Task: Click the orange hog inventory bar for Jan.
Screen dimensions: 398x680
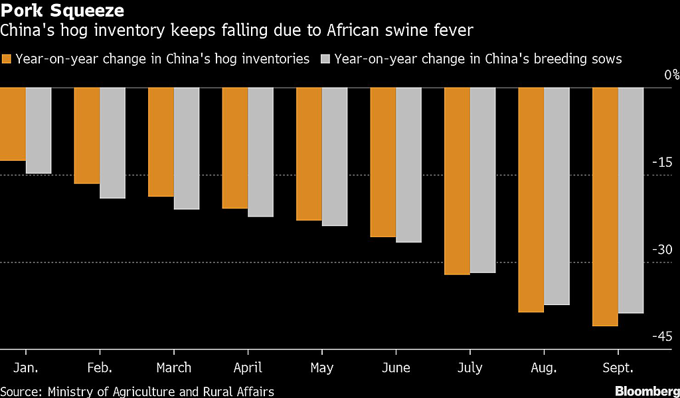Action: [x=13, y=124]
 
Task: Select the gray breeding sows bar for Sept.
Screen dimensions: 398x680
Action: [x=630, y=200]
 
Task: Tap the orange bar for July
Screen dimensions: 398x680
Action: [x=457, y=181]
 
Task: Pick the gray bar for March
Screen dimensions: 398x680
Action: [x=186, y=148]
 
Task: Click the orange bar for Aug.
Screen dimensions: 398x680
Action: [x=531, y=199]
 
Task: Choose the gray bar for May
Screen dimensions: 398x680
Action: [x=334, y=157]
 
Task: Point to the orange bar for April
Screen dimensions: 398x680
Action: [x=234, y=148]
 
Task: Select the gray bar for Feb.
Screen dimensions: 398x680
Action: [x=112, y=143]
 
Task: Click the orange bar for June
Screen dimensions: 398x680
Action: [x=382, y=162]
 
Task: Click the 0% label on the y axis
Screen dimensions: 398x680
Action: [x=667, y=74]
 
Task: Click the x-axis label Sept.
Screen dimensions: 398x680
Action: [x=618, y=367]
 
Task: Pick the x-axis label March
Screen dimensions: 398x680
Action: [x=174, y=367]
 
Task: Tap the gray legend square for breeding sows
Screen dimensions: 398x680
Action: [x=325, y=59]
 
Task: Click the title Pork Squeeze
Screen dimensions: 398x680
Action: [x=62, y=11]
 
